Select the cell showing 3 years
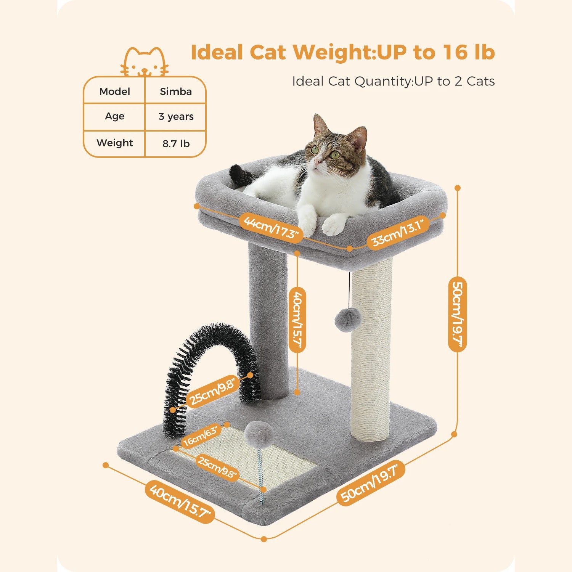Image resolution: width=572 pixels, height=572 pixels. [x=176, y=116]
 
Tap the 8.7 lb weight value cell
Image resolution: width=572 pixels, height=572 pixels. [x=176, y=143]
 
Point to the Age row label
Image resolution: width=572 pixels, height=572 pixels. [x=114, y=116]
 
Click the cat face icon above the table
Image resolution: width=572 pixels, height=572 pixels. [x=145, y=62]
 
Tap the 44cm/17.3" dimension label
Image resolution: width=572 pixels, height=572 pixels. [x=271, y=227]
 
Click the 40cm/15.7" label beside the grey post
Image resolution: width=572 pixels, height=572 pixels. [x=297, y=320]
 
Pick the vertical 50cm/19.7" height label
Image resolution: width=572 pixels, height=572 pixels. [x=457, y=314]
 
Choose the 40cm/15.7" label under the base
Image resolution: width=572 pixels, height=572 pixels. [x=180, y=501]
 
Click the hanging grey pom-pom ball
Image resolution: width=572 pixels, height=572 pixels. [x=348, y=320]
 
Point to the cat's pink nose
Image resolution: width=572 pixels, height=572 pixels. [x=316, y=162]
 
